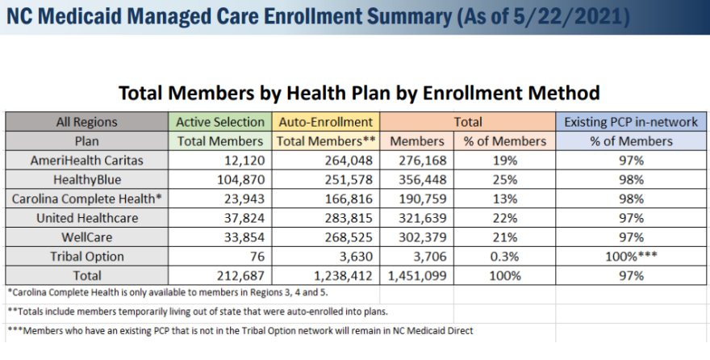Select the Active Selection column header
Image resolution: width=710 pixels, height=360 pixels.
[x=220, y=122]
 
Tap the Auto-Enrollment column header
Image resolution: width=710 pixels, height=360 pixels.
[x=326, y=122]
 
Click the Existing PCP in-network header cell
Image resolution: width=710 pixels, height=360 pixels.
[x=631, y=122]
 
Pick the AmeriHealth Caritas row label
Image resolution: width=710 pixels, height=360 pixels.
[x=86, y=161]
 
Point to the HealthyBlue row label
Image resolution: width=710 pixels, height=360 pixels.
[x=87, y=180]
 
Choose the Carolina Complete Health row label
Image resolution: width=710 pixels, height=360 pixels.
[x=86, y=199]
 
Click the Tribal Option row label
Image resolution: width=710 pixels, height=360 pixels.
[x=87, y=257]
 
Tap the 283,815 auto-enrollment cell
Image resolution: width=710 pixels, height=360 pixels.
[x=349, y=218]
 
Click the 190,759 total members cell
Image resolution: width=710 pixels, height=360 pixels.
[x=423, y=199]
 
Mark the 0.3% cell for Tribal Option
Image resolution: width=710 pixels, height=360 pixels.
[x=504, y=257]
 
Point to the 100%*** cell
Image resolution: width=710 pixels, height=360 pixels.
[x=631, y=257]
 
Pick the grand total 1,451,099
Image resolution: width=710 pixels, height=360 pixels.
[x=417, y=276]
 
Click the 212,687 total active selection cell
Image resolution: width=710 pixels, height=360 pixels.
[x=240, y=276]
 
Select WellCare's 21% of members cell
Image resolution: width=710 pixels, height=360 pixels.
[x=504, y=237]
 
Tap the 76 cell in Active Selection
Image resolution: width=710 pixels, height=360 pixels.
[x=257, y=257]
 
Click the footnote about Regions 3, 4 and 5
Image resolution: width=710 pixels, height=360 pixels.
[x=168, y=292]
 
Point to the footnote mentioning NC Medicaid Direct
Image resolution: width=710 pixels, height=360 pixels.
[x=240, y=331]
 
